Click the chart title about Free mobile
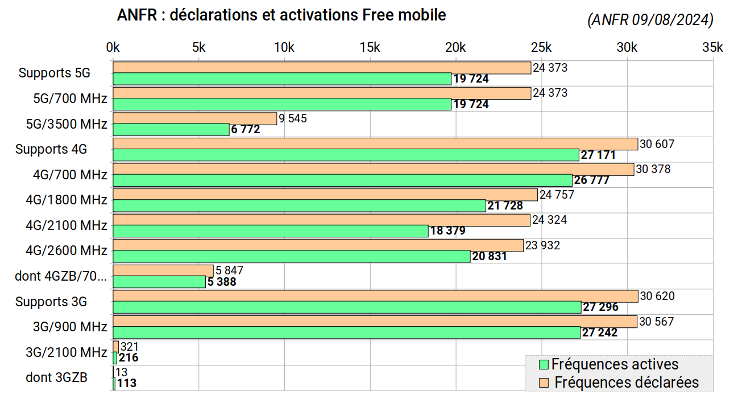tap(281, 15)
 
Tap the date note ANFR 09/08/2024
tap(650, 20)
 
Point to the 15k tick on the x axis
tap(370, 48)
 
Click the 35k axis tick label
tap(712, 48)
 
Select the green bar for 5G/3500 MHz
tap(171, 130)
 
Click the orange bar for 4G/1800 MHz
tap(325, 195)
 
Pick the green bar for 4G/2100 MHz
tap(271, 231)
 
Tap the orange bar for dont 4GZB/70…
tap(163, 270)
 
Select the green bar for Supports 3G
tap(347, 307)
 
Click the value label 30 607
tap(657, 144)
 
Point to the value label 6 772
tap(246, 130)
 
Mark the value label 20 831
tap(490, 257)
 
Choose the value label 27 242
tap(600, 333)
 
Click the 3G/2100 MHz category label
tap(67, 352)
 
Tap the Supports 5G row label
tap(54, 73)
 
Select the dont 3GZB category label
tap(56, 377)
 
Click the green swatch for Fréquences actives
tap(544, 364)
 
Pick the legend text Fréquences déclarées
tap(626, 383)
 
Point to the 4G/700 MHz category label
tap(70, 175)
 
